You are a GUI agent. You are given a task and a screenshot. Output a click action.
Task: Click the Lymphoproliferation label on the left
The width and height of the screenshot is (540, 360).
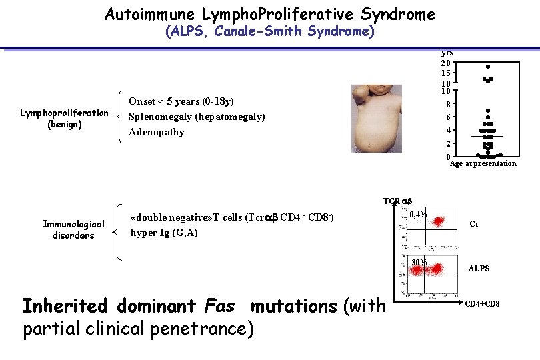point(64,113)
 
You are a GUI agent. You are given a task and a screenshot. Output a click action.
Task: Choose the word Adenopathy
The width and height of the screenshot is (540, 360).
point(157,132)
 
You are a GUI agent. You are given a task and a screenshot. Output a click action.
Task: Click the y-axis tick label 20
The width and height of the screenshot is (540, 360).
point(445,63)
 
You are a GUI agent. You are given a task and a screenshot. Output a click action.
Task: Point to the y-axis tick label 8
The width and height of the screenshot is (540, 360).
point(451,105)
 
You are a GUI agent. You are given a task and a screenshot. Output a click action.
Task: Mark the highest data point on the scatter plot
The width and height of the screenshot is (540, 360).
point(488,67)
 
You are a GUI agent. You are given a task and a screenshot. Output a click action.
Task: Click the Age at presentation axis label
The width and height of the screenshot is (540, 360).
point(483,163)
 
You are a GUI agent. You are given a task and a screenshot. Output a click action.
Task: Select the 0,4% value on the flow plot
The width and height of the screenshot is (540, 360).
point(419,215)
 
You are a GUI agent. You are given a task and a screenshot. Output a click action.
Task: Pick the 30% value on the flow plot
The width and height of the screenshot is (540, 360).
point(419,262)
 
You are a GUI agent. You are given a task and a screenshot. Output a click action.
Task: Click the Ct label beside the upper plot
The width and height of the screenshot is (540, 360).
point(474,224)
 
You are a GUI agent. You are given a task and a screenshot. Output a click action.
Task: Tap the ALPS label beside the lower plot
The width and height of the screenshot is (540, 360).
point(479,269)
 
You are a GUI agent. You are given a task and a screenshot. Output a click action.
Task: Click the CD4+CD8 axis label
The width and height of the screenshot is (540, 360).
point(482,305)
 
